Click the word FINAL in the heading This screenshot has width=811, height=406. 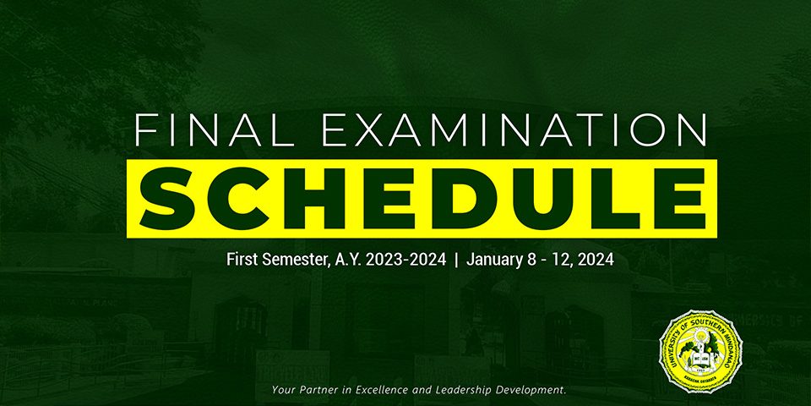click(215, 131)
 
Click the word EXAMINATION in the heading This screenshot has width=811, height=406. click(514, 131)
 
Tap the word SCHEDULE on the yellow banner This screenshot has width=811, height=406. click(422, 199)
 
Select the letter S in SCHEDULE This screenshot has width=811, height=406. click(168, 199)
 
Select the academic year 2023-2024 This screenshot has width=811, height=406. click(406, 260)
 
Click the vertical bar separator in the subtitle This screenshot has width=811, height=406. click(456, 260)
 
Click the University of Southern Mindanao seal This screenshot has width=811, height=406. click(701, 352)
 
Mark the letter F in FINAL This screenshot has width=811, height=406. click(144, 131)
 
